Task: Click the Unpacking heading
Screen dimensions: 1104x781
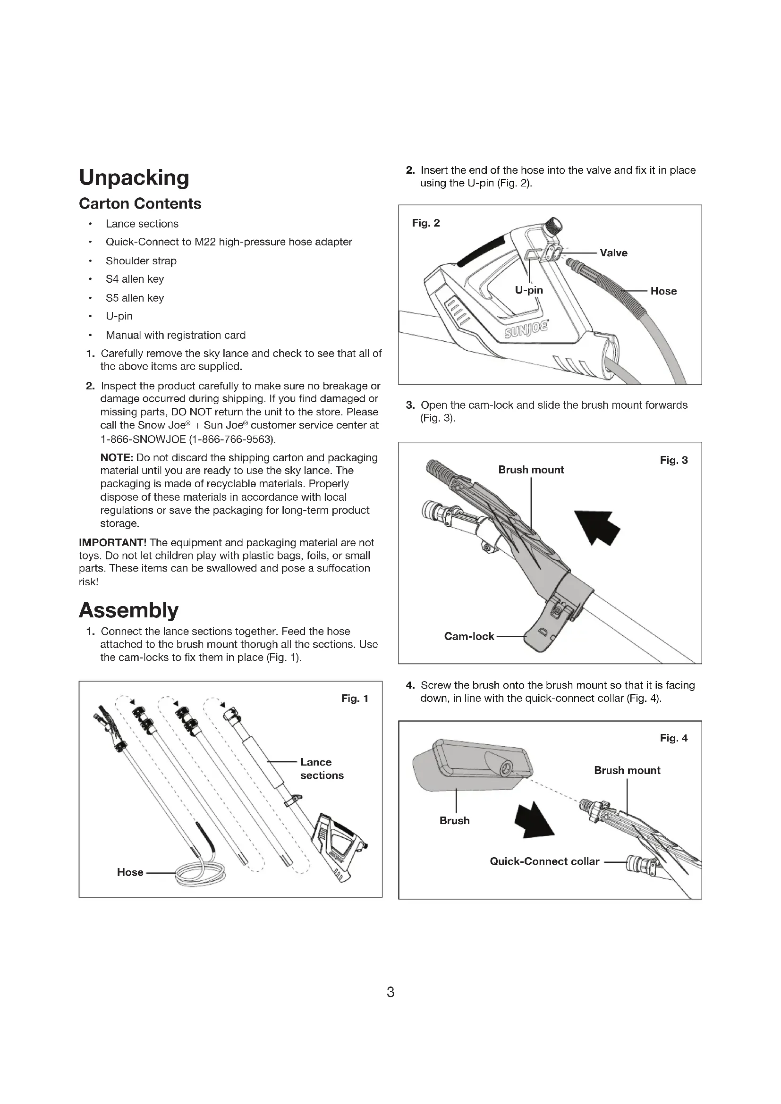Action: click(x=134, y=177)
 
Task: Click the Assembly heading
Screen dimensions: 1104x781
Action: click(x=128, y=610)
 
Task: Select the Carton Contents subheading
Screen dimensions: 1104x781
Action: click(x=140, y=203)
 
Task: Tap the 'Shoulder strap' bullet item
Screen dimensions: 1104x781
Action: click(x=141, y=261)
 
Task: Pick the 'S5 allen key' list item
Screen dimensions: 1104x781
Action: click(x=135, y=298)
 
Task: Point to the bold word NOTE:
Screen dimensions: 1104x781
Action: click(x=116, y=457)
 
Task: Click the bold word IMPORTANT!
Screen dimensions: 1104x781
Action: click(x=112, y=542)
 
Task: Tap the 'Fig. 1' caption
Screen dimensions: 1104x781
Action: click(x=355, y=699)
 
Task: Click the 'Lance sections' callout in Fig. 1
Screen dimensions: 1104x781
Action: click(x=321, y=768)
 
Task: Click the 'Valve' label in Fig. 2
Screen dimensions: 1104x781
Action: click(x=613, y=253)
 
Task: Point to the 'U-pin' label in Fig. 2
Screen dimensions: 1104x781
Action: click(x=528, y=290)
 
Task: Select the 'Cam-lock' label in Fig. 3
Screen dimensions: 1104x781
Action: click(x=469, y=636)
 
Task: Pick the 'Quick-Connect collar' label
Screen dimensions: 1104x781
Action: click(x=544, y=861)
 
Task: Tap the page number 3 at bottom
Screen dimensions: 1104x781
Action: click(x=390, y=992)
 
